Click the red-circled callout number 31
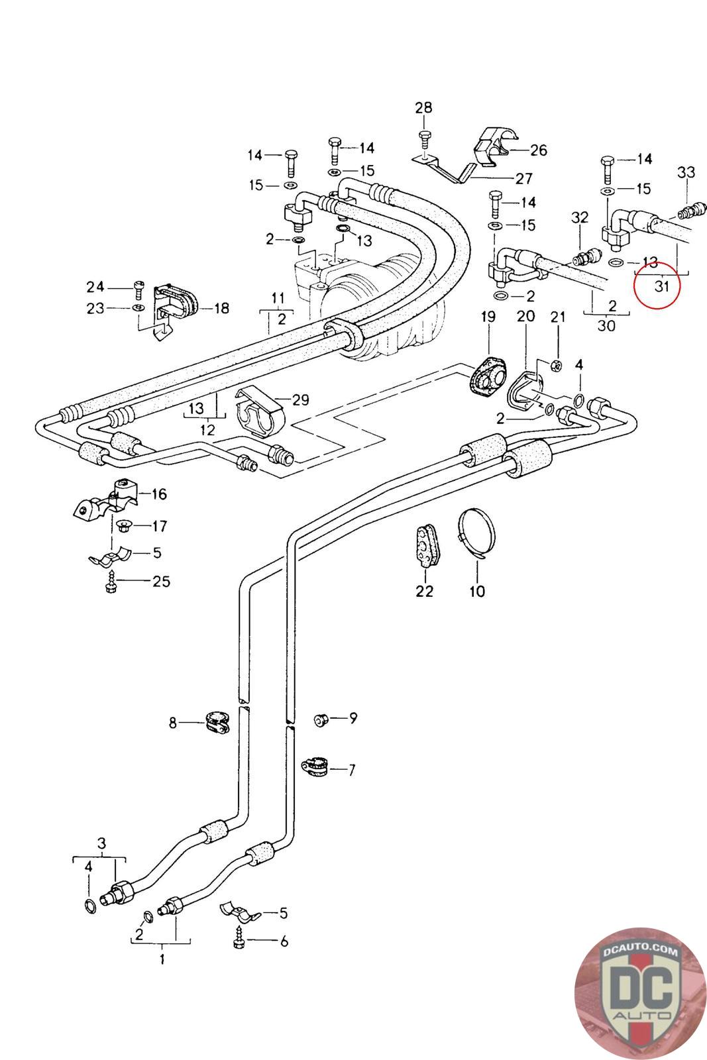click(661, 286)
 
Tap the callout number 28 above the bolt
click(423, 108)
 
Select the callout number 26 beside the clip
click(539, 150)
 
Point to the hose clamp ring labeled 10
click(476, 535)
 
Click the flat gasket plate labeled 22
click(427, 545)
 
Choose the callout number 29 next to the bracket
click(301, 400)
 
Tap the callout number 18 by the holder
click(221, 309)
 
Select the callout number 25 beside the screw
click(161, 581)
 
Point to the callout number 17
click(160, 526)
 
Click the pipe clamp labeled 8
click(218, 723)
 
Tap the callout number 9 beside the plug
click(353, 718)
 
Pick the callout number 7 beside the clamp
click(352, 770)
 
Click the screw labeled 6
click(239, 941)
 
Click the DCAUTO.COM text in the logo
click(640, 952)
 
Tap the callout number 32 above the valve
click(580, 217)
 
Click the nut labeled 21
click(557, 365)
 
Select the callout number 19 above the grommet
click(488, 317)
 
